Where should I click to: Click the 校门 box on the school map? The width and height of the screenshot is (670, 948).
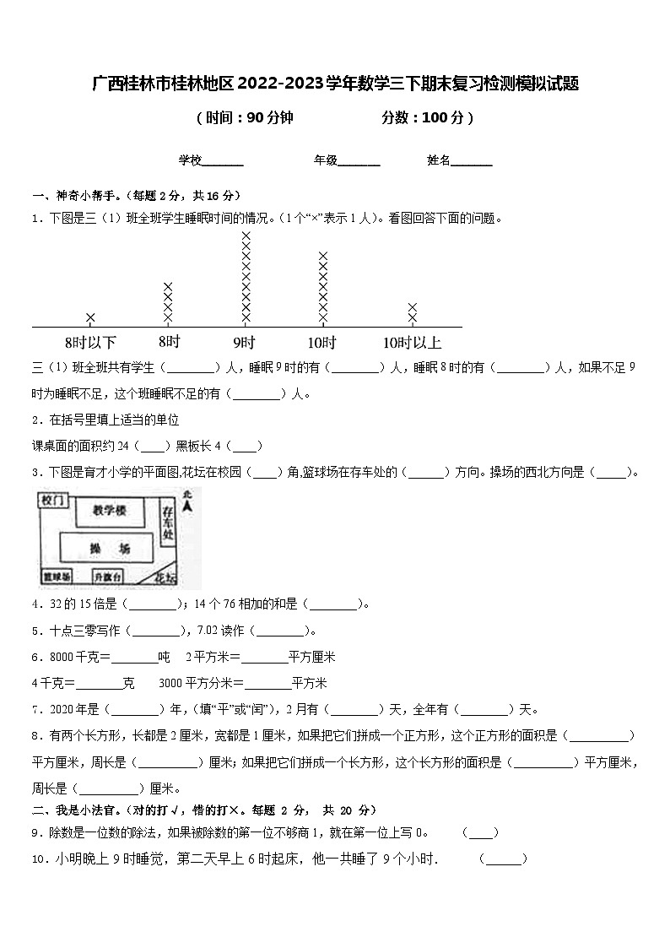pos(51,501)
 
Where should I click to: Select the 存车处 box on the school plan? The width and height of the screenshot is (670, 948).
pos(167,523)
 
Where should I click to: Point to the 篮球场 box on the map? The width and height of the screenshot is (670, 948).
pos(57,577)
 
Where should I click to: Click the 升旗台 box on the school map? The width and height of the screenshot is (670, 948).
pos(108,577)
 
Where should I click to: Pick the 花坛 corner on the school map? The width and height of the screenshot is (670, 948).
pos(165,577)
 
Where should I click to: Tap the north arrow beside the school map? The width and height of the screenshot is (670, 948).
pos(187,504)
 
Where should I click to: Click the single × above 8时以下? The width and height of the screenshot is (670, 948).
pos(90,317)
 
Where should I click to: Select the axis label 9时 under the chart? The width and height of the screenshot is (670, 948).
pos(245,343)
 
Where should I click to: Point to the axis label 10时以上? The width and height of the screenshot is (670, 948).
pos(412,343)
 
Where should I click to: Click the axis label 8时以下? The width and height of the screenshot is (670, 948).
pos(90,343)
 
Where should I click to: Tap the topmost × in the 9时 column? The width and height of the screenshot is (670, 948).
pos(246,236)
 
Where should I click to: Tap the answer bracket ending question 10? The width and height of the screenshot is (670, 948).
pos(503,859)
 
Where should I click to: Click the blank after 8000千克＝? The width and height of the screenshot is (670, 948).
pos(135,658)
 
